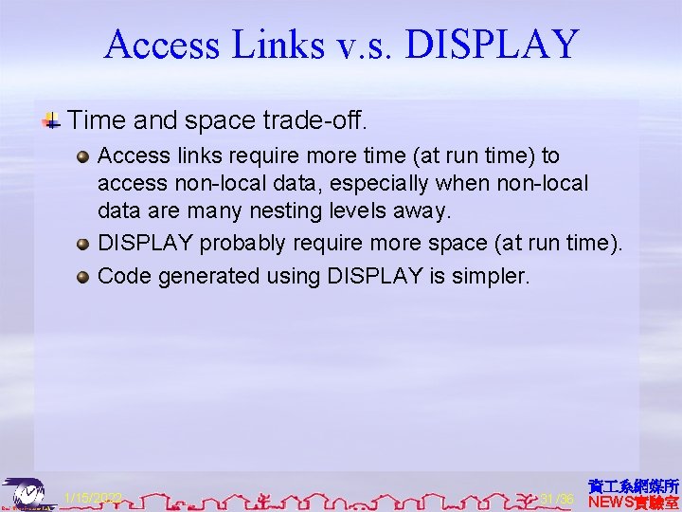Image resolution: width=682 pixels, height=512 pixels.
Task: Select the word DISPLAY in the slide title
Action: [494, 45]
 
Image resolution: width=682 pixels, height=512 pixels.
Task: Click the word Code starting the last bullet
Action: [122, 276]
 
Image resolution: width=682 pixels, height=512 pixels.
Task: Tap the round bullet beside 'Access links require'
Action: [83, 155]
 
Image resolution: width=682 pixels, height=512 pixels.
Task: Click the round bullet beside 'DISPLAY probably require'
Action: [83, 244]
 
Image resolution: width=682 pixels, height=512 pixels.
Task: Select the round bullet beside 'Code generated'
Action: [83, 277]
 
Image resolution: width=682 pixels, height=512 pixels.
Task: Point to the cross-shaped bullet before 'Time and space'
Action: [51, 121]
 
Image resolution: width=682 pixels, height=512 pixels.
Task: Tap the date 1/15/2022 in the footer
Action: [92, 499]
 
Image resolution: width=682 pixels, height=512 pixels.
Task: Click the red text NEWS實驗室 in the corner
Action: [634, 502]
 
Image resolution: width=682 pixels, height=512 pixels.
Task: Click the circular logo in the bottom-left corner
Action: [27, 492]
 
